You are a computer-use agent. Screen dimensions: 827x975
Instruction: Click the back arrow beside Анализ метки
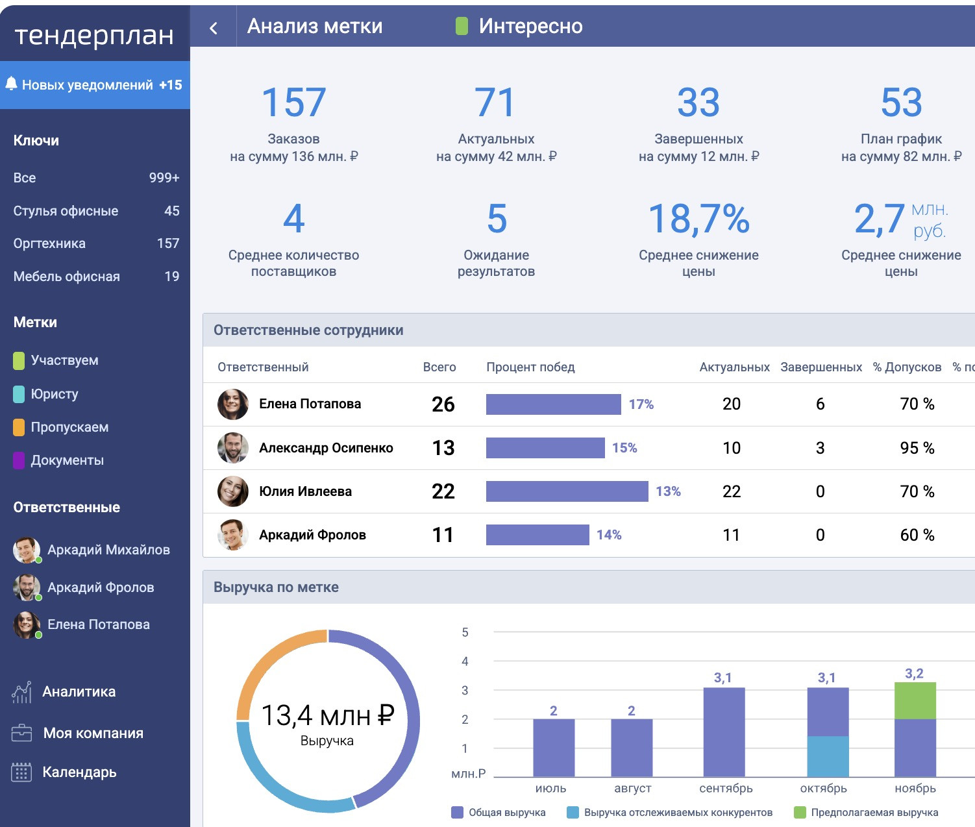pyautogui.click(x=214, y=28)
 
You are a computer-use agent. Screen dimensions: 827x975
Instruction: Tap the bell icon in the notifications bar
pyautogui.click(x=11, y=84)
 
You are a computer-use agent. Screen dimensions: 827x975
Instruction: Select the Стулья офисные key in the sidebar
pyautogui.click(x=66, y=211)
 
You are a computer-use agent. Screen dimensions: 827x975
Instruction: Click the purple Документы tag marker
pyautogui.click(x=19, y=460)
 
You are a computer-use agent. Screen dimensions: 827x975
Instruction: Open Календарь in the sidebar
pyautogui.click(x=79, y=772)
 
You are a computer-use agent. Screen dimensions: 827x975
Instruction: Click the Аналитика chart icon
pyautogui.click(x=21, y=692)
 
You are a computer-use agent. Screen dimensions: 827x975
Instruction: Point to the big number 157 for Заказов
pyautogui.click(x=293, y=103)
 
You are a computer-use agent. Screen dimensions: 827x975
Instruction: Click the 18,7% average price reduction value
pyautogui.click(x=698, y=219)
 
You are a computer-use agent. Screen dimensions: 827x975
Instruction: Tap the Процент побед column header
pyautogui.click(x=530, y=367)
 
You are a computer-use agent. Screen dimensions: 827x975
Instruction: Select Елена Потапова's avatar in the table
pyautogui.click(x=232, y=404)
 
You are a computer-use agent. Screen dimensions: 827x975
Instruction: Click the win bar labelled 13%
pyautogui.click(x=567, y=491)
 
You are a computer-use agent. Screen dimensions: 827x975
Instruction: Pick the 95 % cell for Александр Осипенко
pyautogui.click(x=917, y=448)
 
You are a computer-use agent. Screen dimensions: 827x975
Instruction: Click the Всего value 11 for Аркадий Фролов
pyautogui.click(x=443, y=535)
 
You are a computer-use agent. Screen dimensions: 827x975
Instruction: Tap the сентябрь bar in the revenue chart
pyautogui.click(x=724, y=732)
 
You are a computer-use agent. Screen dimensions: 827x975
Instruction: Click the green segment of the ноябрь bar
pyautogui.click(x=915, y=701)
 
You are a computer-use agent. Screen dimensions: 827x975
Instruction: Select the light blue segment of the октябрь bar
pyautogui.click(x=828, y=756)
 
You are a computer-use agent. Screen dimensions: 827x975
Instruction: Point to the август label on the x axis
pyautogui.click(x=632, y=788)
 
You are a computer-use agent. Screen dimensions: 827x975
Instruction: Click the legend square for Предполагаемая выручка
pyautogui.click(x=800, y=812)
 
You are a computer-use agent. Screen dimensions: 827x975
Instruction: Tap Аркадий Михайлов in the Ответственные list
pyautogui.click(x=108, y=550)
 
